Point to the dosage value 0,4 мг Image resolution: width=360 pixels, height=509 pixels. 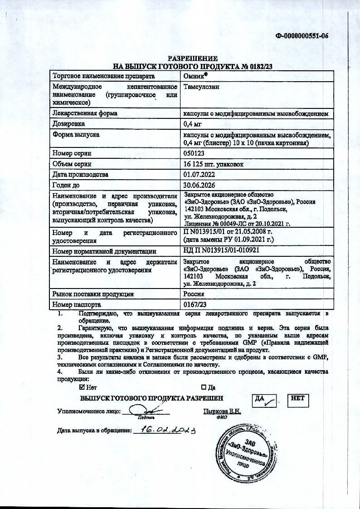[192, 123]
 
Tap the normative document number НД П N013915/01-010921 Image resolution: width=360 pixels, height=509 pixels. [221, 251]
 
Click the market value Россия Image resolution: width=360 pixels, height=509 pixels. [194, 294]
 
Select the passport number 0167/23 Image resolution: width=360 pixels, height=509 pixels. [195, 305]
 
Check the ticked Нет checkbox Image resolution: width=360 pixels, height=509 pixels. [82, 387]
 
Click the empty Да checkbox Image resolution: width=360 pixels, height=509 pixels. [204, 387]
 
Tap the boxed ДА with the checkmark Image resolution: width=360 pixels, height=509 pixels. [265, 400]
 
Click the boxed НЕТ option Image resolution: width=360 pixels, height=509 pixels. [298, 400]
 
